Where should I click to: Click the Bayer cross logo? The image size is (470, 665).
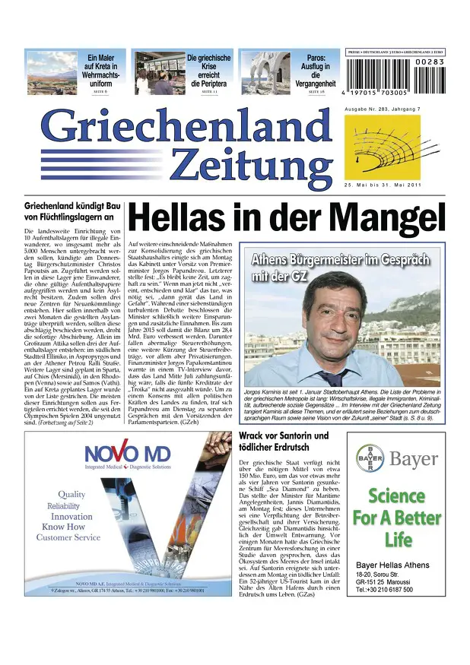click(x=370, y=458)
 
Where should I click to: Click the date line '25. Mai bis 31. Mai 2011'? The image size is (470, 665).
click(x=383, y=187)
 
